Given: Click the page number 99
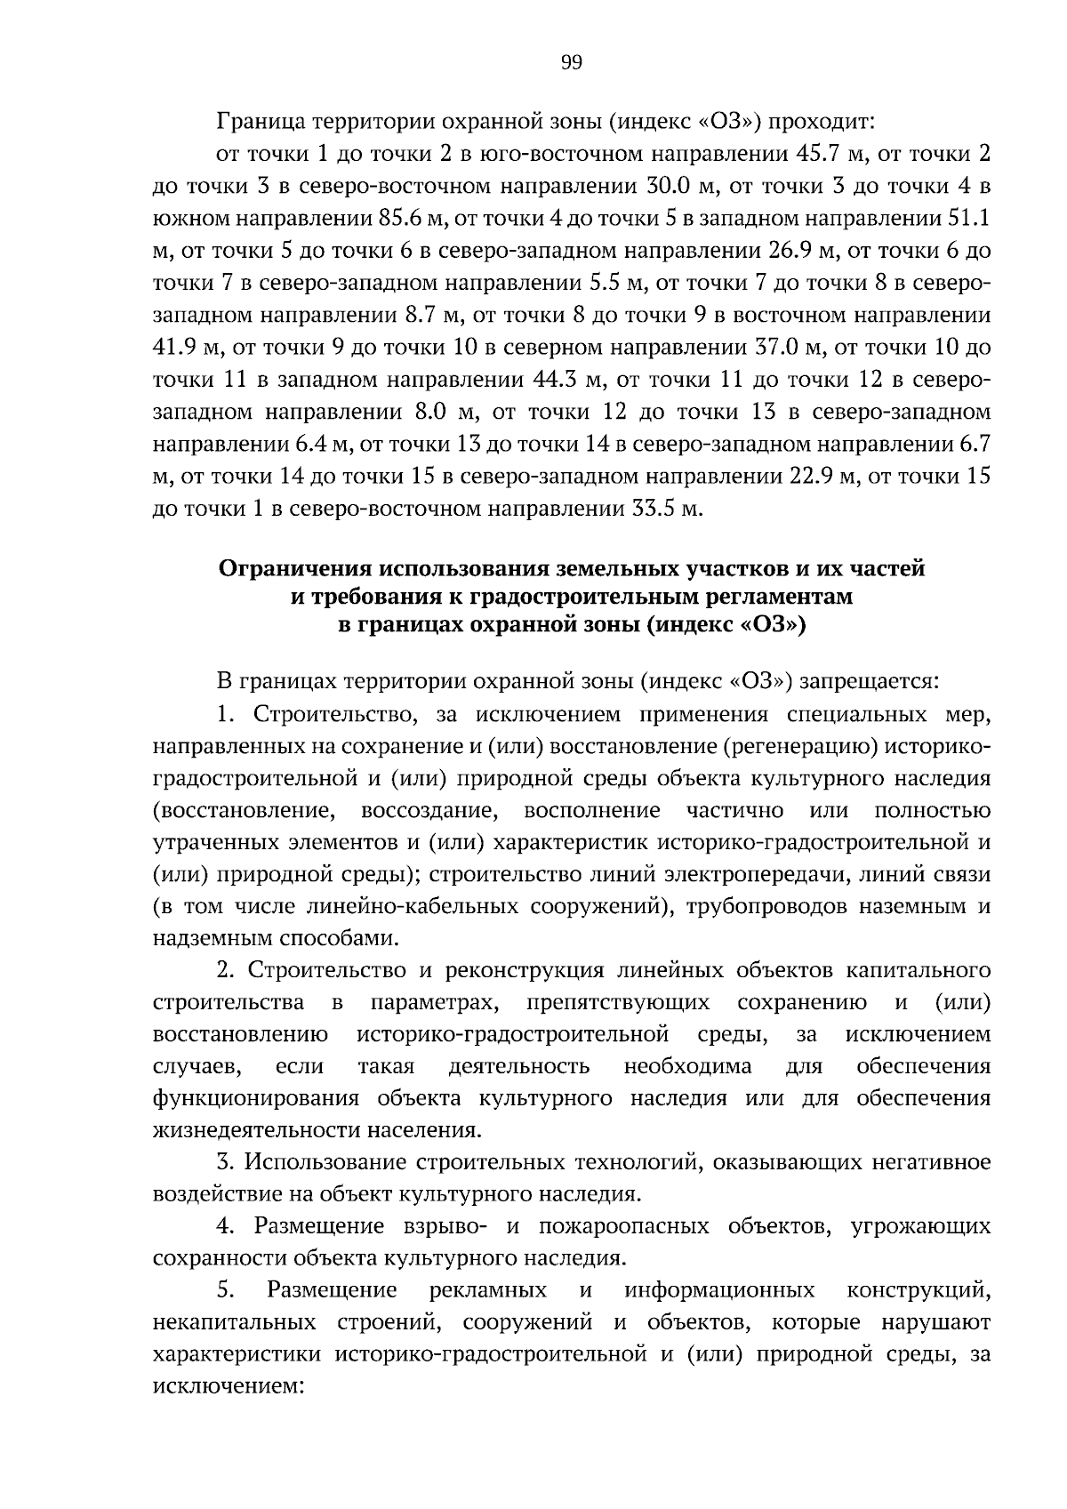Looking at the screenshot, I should [x=572, y=61].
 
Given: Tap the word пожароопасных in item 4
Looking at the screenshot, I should [x=622, y=1227].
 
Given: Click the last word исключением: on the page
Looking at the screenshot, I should [x=229, y=1387].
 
